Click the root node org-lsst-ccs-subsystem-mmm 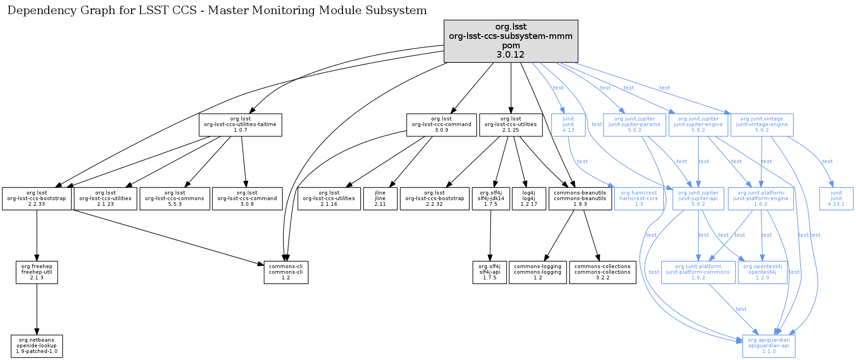point(511,41)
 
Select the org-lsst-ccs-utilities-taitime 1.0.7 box point(240,125)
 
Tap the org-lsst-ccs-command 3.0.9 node point(441,125)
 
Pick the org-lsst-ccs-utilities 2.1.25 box point(511,125)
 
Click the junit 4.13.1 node point(836,199)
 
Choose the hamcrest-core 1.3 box point(639,199)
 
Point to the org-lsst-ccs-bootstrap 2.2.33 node point(37,199)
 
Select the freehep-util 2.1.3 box point(37,272)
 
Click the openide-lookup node point(37,346)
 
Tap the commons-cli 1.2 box point(286,272)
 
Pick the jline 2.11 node point(380,199)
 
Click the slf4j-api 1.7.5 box point(490,272)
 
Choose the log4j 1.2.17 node point(528,199)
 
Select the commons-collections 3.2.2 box point(603,272)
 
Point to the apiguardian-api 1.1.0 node point(768,346)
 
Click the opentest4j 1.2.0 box point(762,272)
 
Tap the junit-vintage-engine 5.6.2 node point(762,125)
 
